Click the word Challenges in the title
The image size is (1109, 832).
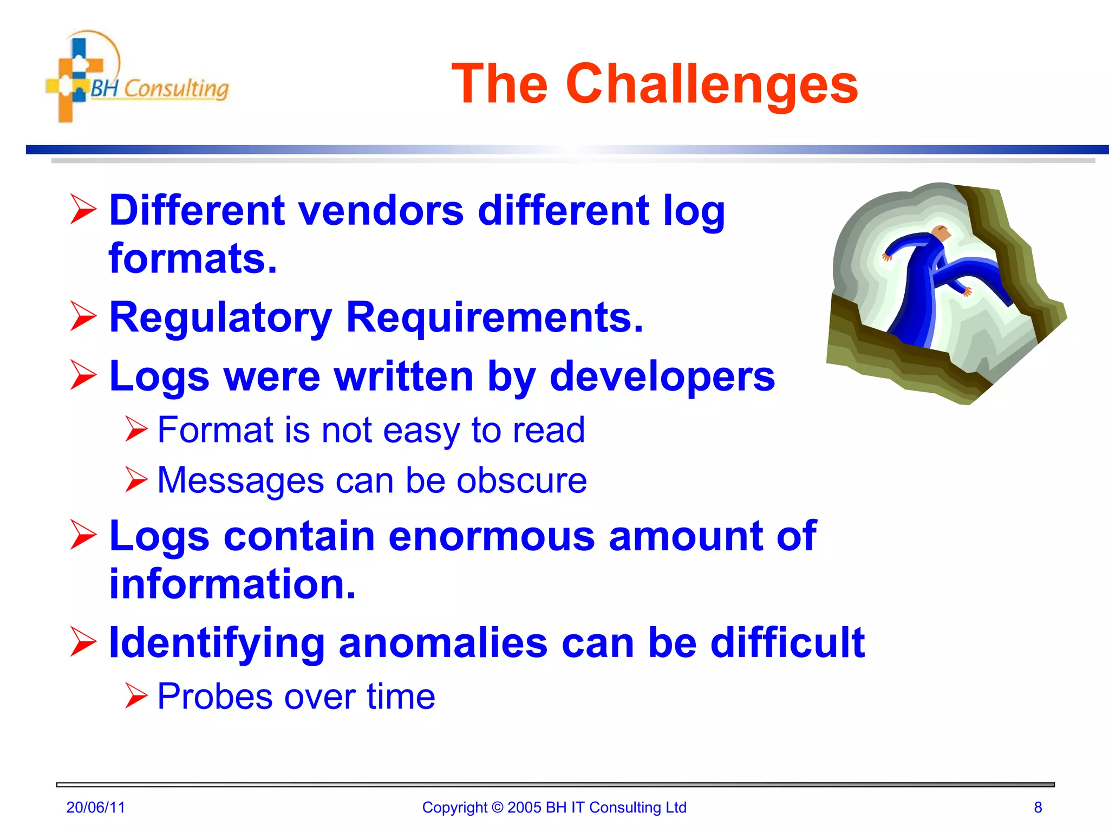712,84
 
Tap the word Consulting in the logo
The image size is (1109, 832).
176,89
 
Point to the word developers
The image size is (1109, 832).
662,376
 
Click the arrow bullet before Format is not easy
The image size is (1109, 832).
135,429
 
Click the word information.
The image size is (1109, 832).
232,584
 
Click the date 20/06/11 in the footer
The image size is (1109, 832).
95,808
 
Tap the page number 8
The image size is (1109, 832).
1038,808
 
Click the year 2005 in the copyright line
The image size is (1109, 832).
524,808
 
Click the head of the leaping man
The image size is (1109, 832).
941,234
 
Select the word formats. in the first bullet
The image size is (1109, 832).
193,258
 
